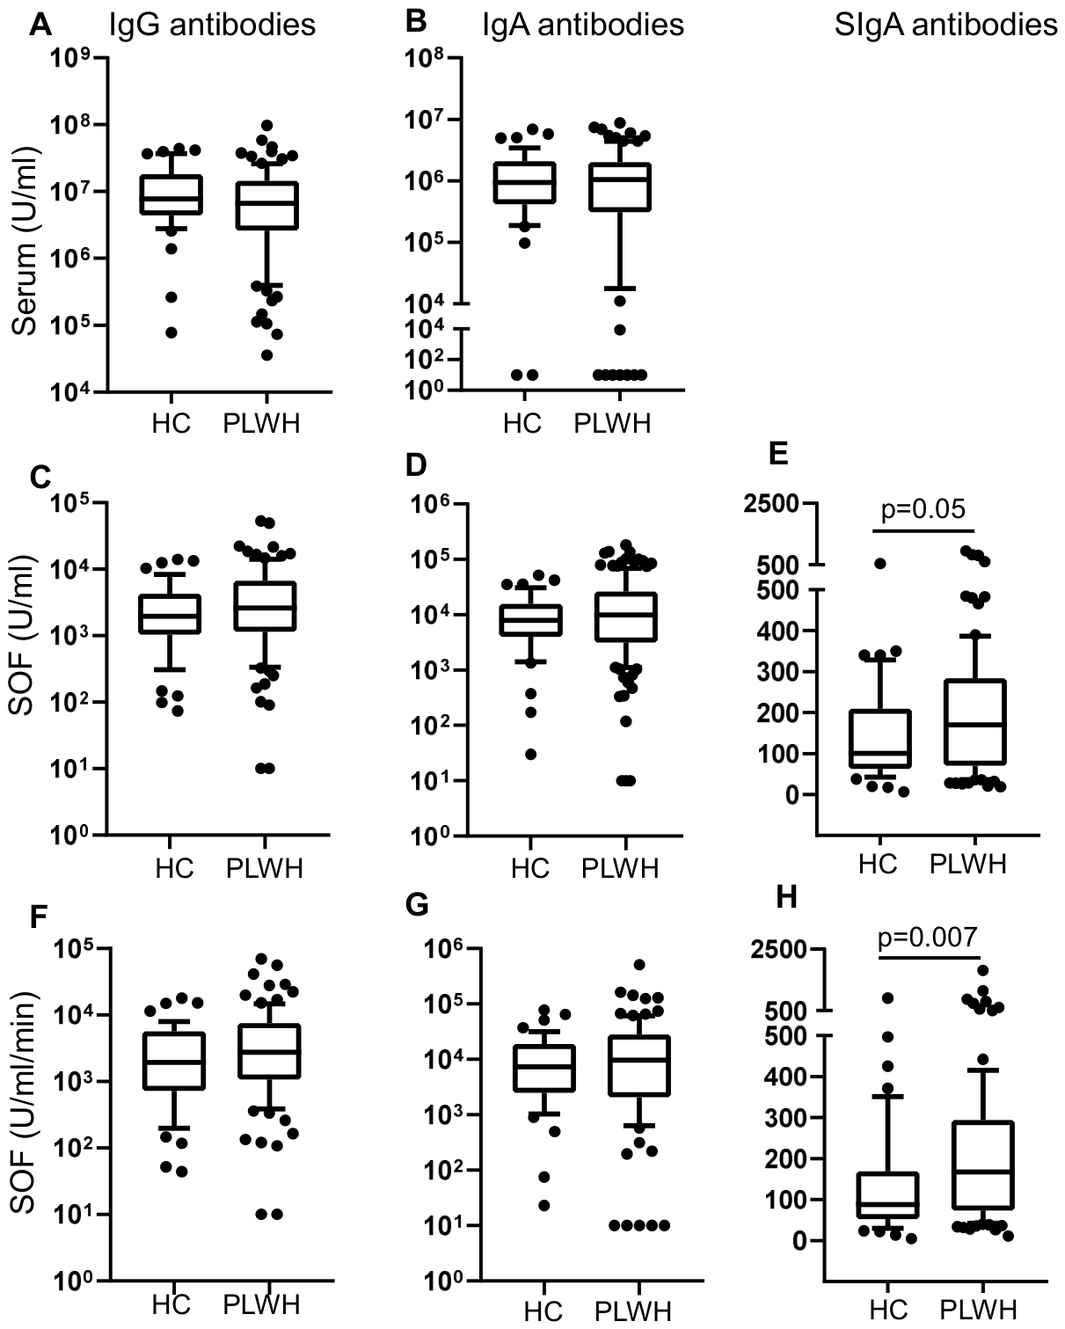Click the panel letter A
click(x=40, y=26)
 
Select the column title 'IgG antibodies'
click(x=211, y=25)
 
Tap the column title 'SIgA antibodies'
click(x=945, y=25)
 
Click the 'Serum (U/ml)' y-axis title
click(x=26, y=228)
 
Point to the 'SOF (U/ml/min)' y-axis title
click(x=26, y=1103)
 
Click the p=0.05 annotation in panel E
click(x=923, y=509)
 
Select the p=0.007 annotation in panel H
click(x=928, y=938)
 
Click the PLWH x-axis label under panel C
click(x=264, y=868)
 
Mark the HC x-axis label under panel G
click(x=543, y=1311)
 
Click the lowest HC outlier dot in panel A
click(x=172, y=332)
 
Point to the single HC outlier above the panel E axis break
click(x=879, y=563)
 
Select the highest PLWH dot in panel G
click(x=639, y=965)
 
